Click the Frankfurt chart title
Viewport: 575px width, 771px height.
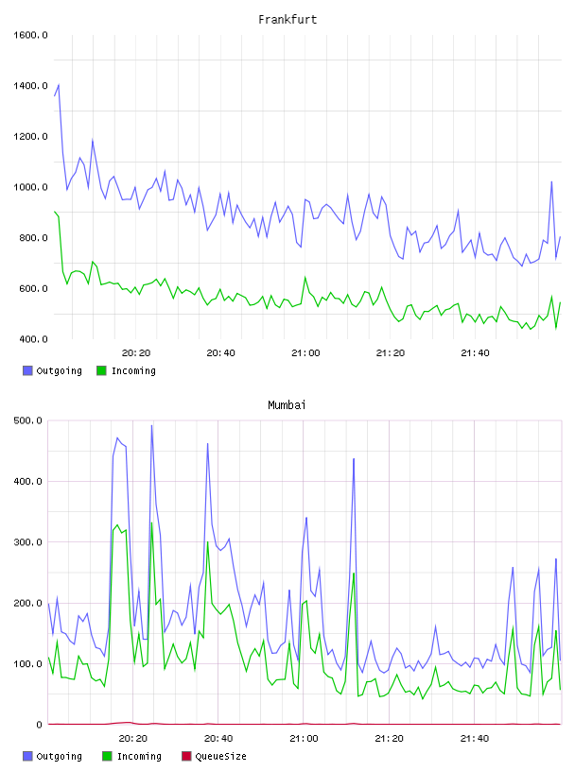point(287,20)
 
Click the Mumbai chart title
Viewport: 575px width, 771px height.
point(287,405)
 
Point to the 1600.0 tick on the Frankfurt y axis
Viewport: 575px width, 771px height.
point(30,35)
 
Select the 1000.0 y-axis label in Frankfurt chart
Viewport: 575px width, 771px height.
point(30,187)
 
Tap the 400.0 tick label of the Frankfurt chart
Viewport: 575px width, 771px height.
point(33,339)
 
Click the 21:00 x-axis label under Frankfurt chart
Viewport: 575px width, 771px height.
point(305,353)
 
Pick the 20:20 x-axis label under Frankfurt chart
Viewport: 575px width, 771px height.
point(136,353)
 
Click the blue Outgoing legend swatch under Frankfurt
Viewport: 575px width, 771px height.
point(27,370)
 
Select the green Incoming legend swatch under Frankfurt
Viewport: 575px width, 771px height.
point(101,370)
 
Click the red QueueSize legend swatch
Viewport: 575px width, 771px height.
point(186,756)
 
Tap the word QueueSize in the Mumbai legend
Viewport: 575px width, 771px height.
point(220,756)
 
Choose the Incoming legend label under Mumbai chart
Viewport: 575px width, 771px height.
point(139,756)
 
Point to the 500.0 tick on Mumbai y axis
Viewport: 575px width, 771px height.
point(27,420)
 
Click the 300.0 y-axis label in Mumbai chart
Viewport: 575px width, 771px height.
point(27,542)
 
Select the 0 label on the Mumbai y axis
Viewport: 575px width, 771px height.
point(40,725)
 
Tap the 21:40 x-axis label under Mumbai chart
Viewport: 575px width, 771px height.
point(475,739)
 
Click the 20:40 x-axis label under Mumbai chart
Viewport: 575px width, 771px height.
point(218,739)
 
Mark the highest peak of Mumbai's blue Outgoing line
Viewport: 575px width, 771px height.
point(151,426)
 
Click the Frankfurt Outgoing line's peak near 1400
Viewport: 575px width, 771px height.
point(59,85)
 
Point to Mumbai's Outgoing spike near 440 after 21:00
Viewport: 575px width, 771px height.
point(354,459)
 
